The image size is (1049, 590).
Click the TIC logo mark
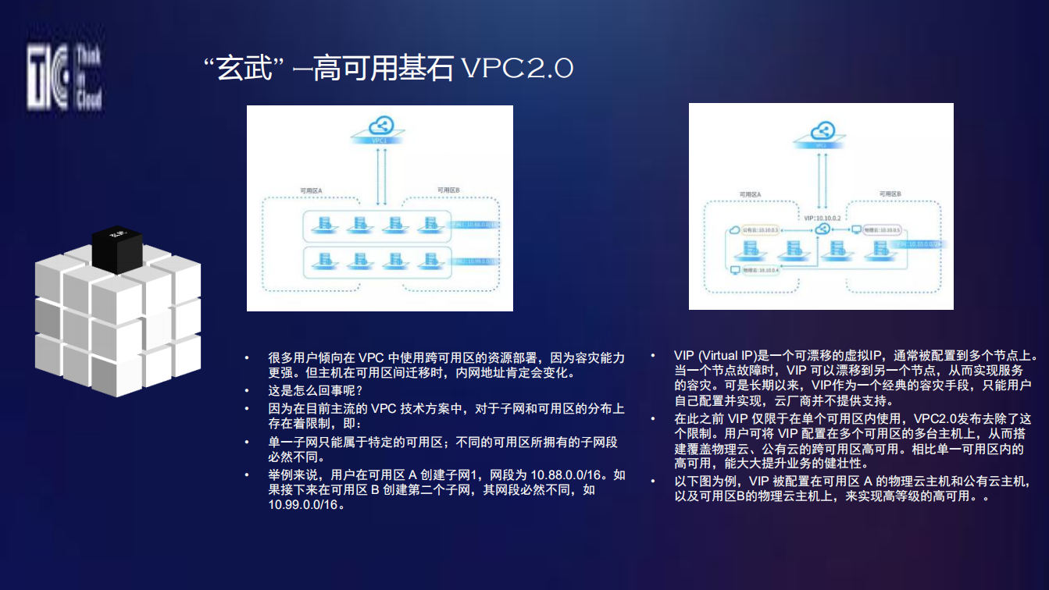click(48, 76)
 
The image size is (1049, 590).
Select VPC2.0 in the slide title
click(517, 69)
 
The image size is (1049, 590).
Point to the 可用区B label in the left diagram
click(448, 190)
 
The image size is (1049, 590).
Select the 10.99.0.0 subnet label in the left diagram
click(475, 261)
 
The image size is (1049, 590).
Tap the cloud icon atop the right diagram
click(821, 132)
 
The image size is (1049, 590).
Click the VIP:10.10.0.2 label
click(822, 218)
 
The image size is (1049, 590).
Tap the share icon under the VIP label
click(822, 229)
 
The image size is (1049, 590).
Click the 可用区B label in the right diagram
click(890, 194)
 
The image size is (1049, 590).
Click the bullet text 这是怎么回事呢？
click(316, 390)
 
